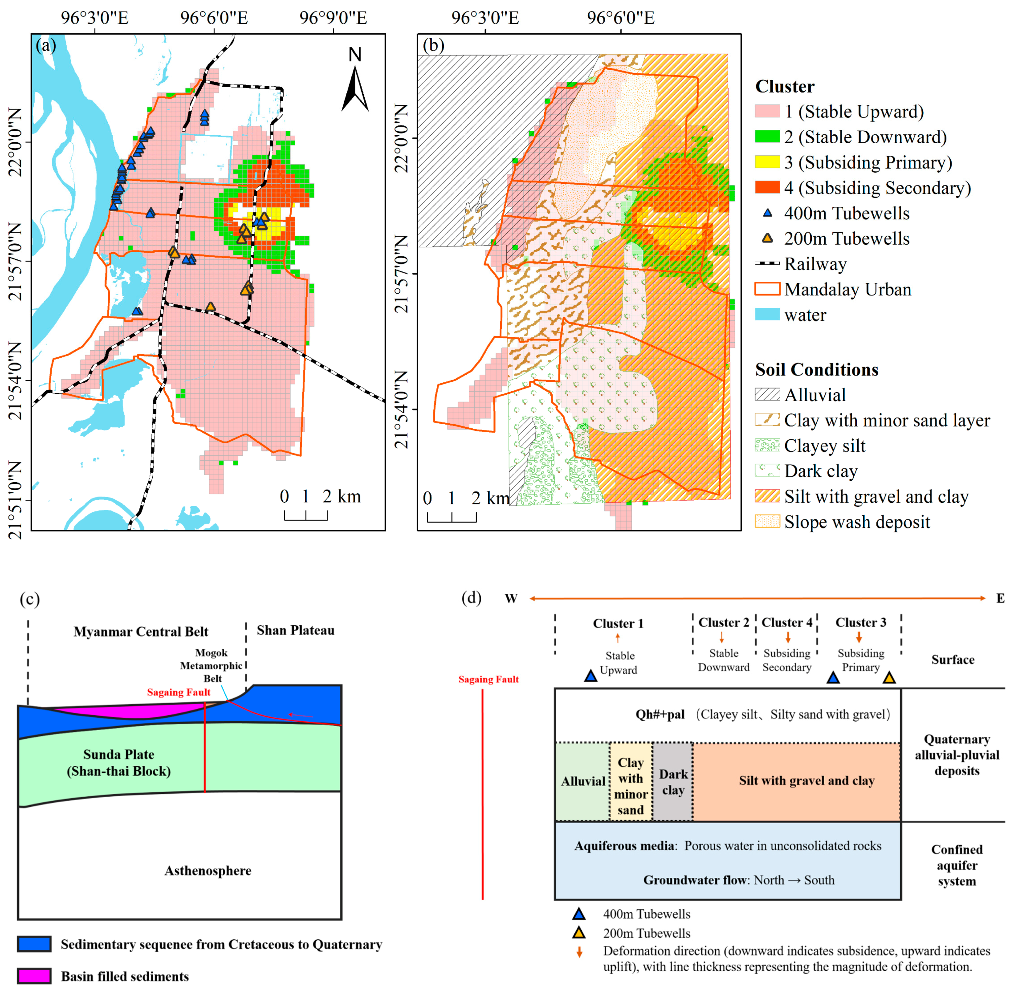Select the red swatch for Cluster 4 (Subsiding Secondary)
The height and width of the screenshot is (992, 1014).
point(767,188)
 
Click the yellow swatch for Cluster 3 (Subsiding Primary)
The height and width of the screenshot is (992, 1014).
point(767,162)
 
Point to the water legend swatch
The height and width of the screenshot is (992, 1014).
point(767,315)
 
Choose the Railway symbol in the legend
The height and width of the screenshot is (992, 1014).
point(767,264)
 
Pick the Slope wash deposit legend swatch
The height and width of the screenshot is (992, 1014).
point(767,521)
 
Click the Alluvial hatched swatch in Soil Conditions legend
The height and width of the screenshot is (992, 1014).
point(767,394)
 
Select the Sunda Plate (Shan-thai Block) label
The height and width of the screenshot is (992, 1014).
point(119,763)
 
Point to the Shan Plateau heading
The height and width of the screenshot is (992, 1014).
point(295,630)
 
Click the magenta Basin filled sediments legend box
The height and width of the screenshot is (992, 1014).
point(34,976)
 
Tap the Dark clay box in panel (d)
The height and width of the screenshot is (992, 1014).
point(673,782)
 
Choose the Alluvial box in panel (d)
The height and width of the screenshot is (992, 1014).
point(583,782)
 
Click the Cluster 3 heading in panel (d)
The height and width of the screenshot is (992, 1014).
point(860,623)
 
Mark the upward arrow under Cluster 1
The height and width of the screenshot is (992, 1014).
point(618,638)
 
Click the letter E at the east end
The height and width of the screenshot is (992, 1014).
point(1000,598)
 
